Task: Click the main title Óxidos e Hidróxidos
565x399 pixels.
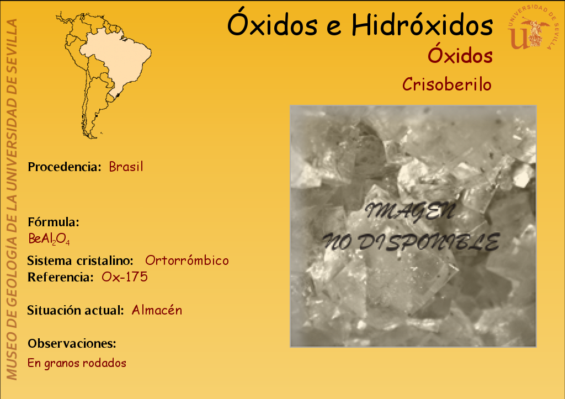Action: click(360, 24)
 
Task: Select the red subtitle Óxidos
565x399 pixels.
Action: click(460, 55)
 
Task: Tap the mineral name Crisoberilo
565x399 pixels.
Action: click(447, 84)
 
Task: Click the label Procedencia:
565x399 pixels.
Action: click(65, 167)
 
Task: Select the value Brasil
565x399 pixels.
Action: click(126, 167)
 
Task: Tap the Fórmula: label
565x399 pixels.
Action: click(54, 222)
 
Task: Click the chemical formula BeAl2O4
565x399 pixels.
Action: click(49, 239)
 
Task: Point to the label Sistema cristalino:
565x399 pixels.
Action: click(81, 260)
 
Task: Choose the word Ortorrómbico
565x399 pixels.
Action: click(187, 260)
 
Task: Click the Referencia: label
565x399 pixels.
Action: click(61, 277)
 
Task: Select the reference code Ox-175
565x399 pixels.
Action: click(125, 277)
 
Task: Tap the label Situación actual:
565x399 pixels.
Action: click(76, 310)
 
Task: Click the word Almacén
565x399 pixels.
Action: click(157, 310)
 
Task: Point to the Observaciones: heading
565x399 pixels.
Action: click(72, 343)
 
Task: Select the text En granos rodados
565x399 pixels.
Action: click(77, 363)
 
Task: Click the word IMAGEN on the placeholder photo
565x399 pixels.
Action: click(410, 211)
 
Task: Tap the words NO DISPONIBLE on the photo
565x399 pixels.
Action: click(411, 242)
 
